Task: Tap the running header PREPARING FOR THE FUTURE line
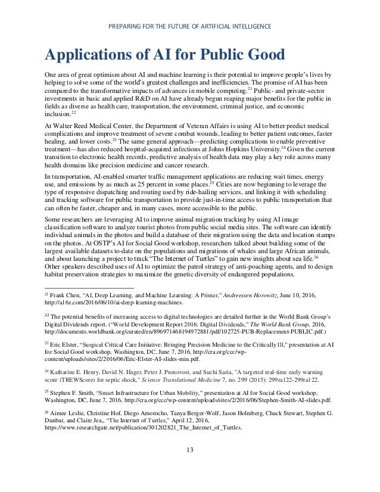coord(190,26)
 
